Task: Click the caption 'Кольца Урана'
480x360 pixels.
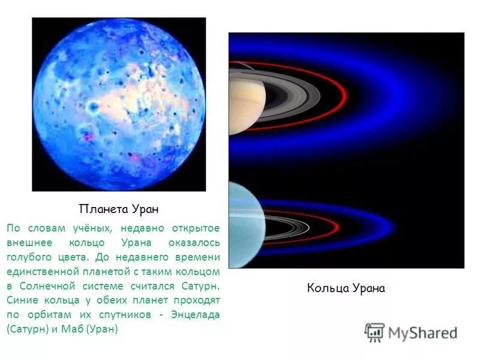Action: point(346,288)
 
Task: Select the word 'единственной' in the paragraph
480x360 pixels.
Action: point(39,272)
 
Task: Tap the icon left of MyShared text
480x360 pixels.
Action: point(374,332)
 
